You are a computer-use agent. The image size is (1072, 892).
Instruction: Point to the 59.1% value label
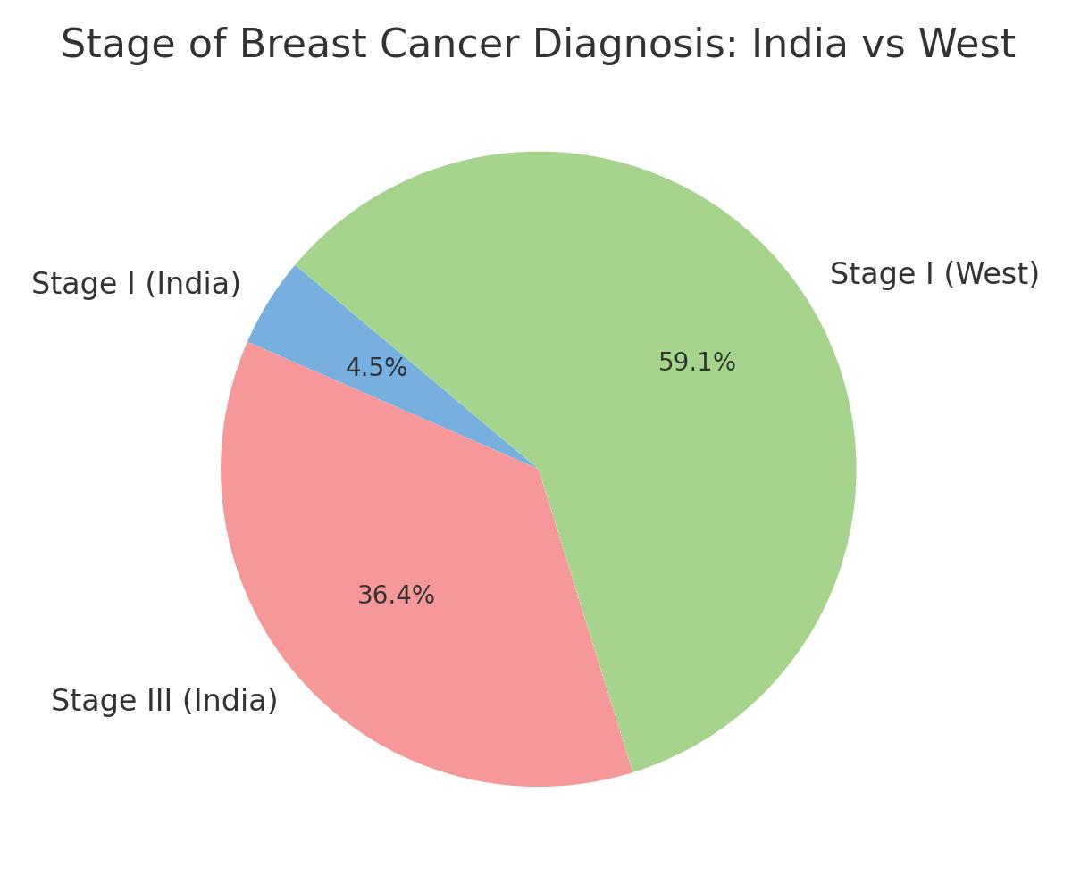697,363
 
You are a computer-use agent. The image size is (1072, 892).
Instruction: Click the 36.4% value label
396,596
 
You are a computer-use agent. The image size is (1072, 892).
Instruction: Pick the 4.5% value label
376,368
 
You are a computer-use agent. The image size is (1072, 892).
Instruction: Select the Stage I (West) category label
934,274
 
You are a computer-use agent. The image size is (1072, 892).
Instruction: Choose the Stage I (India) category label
136,284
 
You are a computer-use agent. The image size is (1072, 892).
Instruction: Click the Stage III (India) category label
164,701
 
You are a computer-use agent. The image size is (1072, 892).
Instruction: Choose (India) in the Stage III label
230,701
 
